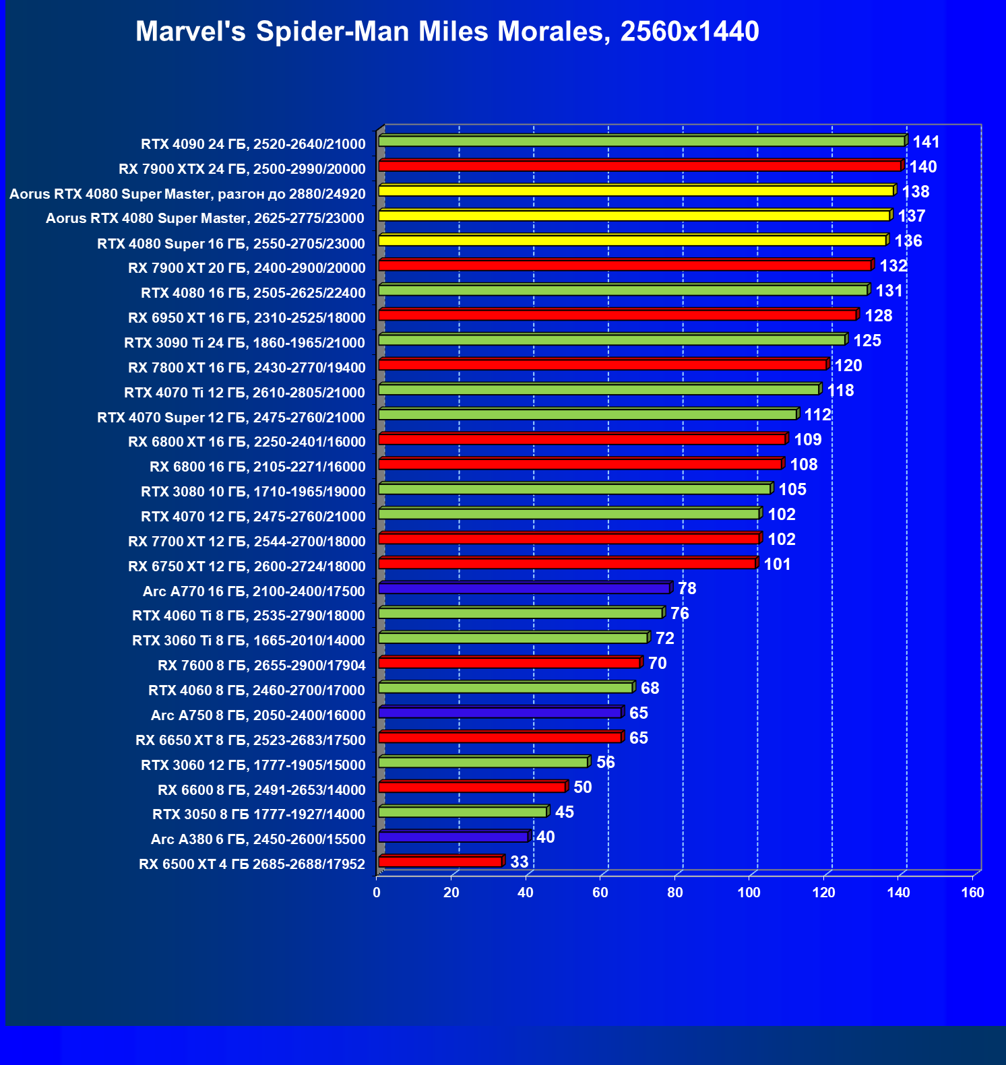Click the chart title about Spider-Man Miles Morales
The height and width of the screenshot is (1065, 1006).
(447, 32)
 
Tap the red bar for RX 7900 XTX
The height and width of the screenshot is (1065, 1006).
(640, 166)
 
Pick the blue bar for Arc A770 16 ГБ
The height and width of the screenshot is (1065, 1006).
(524, 589)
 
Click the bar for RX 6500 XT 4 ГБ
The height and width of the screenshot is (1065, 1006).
(441, 862)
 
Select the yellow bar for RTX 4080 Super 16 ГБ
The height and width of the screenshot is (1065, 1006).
(632, 240)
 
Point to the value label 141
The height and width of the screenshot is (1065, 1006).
(926, 142)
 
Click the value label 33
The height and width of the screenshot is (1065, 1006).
(519, 862)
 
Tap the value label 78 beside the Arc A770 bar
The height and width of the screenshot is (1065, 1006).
(687, 589)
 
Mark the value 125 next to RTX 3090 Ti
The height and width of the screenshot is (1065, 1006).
(867, 341)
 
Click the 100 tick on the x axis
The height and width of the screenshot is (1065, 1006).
(749, 893)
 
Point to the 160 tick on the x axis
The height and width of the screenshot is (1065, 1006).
(972, 893)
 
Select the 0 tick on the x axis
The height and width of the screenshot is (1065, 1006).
(377, 893)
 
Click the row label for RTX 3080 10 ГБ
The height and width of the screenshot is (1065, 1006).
(253, 492)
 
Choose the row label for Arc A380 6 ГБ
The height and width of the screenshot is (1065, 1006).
(258, 839)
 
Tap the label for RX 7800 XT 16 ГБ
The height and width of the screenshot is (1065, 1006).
(247, 368)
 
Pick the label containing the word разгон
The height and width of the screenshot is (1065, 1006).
(187, 194)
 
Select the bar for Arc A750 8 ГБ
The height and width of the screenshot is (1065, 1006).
(500, 713)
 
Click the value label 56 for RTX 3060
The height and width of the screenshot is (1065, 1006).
(605, 763)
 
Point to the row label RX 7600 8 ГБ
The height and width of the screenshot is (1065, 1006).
(261, 666)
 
